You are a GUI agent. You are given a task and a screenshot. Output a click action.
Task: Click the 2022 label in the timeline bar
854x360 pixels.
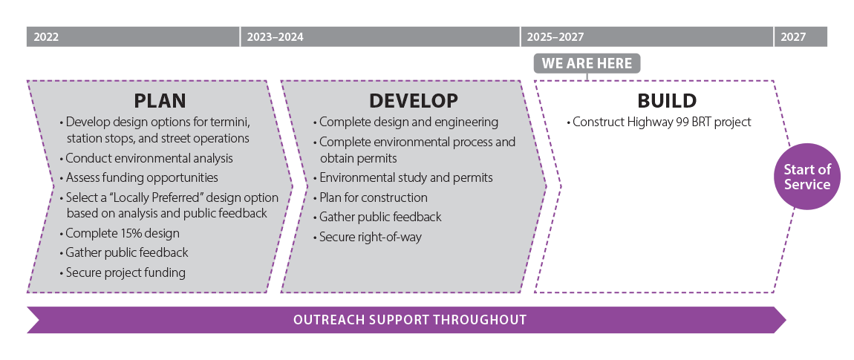pos(46,37)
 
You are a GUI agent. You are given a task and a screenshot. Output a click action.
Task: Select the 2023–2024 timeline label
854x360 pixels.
pos(275,37)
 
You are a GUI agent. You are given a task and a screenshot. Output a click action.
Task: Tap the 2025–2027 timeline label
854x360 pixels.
pos(555,37)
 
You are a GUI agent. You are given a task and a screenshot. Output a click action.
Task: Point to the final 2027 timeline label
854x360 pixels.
pos(793,37)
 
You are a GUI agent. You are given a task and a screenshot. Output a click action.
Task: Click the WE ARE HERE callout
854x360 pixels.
pos(587,63)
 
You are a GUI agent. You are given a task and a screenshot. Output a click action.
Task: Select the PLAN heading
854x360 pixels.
pos(160,101)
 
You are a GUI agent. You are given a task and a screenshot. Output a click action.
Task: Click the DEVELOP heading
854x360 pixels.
pos(414,101)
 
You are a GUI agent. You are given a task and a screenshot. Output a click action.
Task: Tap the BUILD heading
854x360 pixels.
pos(667,101)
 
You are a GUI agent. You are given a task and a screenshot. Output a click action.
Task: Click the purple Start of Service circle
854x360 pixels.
pos(807,177)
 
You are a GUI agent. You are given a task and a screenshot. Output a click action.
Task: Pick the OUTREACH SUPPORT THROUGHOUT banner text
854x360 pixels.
pos(410,320)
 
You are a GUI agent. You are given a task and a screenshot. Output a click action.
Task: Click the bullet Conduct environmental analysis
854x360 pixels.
pos(146,159)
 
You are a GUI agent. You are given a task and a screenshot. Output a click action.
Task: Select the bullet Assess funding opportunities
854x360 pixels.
pos(140,177)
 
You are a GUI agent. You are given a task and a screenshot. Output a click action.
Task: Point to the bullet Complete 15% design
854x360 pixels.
pos(120,234)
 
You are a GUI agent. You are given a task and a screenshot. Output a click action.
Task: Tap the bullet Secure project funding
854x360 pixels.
pos(123,272)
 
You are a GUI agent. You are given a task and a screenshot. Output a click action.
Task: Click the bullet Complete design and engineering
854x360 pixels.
pos(405,122)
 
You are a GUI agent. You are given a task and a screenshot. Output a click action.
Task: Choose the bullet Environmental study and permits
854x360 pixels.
pos(403,177)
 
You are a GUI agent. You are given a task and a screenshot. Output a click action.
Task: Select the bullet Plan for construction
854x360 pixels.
pos(371,197)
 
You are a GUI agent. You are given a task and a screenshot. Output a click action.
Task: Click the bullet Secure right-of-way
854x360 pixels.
pos(368,237)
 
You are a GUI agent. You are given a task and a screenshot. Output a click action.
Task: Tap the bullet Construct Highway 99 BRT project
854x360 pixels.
pos(659,122)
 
